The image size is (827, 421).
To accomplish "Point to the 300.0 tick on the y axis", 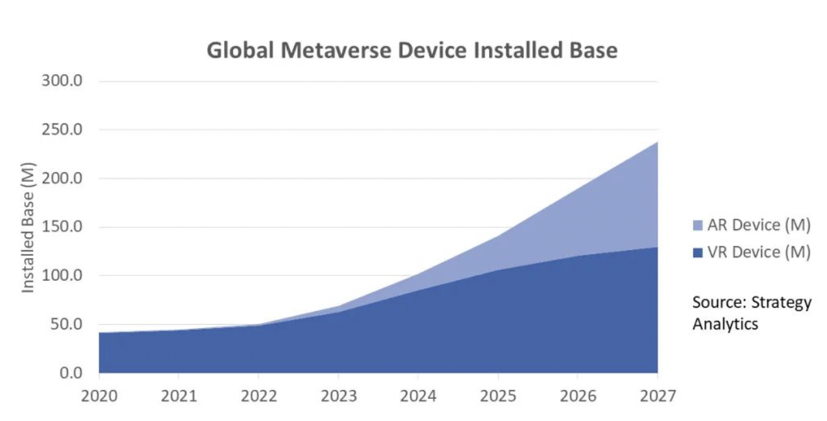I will tap(62, 81).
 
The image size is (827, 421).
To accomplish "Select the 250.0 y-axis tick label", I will tap(62, 130).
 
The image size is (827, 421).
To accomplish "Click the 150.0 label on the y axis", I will tap(62, 227).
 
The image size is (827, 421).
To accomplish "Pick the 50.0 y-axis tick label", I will tap(66, 324).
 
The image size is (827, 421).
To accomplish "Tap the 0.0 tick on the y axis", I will tap(70, 373).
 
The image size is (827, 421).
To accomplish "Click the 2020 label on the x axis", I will tap(99, 396).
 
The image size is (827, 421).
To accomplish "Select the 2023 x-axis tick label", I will tap(338, 396).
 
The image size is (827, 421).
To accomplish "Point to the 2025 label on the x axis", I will tap(498, 396).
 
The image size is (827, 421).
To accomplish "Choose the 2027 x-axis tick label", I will tap(657, 396).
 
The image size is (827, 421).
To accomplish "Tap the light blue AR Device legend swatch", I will tap(697, 225).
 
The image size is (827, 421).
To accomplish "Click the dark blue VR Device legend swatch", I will tap(697, 253).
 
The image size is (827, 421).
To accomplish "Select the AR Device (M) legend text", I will tap(758, 225).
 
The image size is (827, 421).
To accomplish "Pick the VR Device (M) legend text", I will tap(758, 252).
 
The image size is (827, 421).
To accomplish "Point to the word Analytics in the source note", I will tap(725, 324).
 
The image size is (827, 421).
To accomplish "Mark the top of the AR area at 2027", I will tap(657, 142).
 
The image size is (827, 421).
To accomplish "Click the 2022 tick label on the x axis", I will tap(258, 396).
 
